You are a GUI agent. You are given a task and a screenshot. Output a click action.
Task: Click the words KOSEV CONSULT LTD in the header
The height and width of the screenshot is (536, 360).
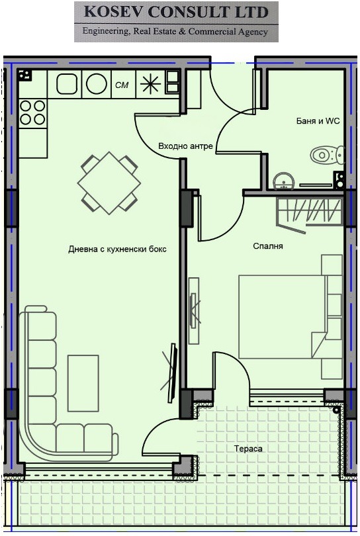tap(176, 13)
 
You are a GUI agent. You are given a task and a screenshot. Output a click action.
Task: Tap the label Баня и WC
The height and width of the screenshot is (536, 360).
tap(318, 121)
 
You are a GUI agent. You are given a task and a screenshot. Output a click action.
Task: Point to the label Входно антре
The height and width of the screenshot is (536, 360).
tap(185, 146)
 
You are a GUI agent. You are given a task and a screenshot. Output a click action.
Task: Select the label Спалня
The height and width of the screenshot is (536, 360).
tap(268, 246)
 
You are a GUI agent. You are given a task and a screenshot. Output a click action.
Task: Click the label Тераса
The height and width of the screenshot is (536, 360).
tap(248, 449)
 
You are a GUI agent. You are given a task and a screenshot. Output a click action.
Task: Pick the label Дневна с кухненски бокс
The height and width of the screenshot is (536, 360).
tap(117, 249)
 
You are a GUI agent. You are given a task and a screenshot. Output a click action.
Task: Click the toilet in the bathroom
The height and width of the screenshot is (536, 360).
tap(327, 155)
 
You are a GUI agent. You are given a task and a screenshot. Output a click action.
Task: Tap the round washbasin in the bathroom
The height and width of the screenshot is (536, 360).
tap(283, 181)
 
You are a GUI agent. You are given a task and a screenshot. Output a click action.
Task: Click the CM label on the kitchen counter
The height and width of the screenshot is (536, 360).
tap(122, 85)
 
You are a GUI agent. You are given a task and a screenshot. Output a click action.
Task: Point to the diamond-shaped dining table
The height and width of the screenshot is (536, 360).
tap(109, 183)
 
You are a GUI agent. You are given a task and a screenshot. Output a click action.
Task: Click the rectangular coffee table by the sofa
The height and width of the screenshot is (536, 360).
tap(83, 383)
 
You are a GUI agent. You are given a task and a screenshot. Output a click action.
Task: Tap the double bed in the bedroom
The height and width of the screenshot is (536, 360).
tap(282, 317)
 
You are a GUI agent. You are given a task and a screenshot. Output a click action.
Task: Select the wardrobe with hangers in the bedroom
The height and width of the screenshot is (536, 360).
tap(310, 211)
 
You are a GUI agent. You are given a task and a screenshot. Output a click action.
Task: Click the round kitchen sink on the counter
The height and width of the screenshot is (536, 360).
tap(97, 84)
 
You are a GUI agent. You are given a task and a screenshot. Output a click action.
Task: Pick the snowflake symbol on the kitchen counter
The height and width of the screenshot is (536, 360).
tap(150, 84)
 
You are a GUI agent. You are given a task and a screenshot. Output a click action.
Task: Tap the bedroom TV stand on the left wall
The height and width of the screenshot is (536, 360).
tap(193, 311)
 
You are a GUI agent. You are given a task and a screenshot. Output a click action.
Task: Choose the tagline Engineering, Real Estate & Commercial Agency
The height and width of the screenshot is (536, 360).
tap(175, 32)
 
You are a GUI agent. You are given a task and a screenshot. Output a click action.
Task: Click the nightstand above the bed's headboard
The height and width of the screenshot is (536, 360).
tap(332, 265)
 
